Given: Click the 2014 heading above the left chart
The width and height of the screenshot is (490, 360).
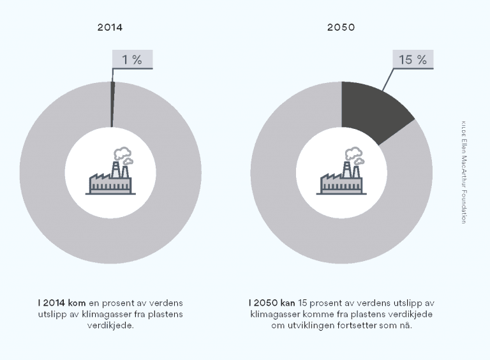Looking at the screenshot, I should coord(110,27).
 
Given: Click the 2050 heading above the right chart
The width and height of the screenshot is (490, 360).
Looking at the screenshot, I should coord(341,27).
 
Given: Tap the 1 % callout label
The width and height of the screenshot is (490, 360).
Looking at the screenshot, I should coord(132,59).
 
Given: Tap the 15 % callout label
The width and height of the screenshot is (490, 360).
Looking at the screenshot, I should coord(412,59).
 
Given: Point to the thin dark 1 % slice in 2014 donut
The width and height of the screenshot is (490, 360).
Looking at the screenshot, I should coord(112,105).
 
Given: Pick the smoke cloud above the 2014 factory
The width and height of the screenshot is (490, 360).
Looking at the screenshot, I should coord(121,154).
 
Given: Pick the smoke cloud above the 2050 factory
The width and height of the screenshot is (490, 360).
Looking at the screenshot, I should coord(352,154).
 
